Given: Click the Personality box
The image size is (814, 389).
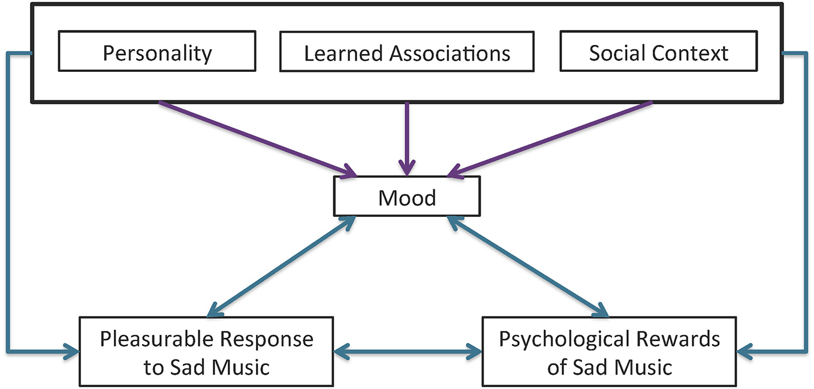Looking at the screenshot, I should (157, 53).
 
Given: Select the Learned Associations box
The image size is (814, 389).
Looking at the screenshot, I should (406, 53).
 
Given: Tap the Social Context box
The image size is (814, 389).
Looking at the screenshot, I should (658, 53).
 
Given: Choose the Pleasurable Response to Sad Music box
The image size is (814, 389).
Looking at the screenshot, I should (206, 352).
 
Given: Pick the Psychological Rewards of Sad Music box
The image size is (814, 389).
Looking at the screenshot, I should (608, 352).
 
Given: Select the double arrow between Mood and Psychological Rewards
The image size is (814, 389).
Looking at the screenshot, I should (527, 266).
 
